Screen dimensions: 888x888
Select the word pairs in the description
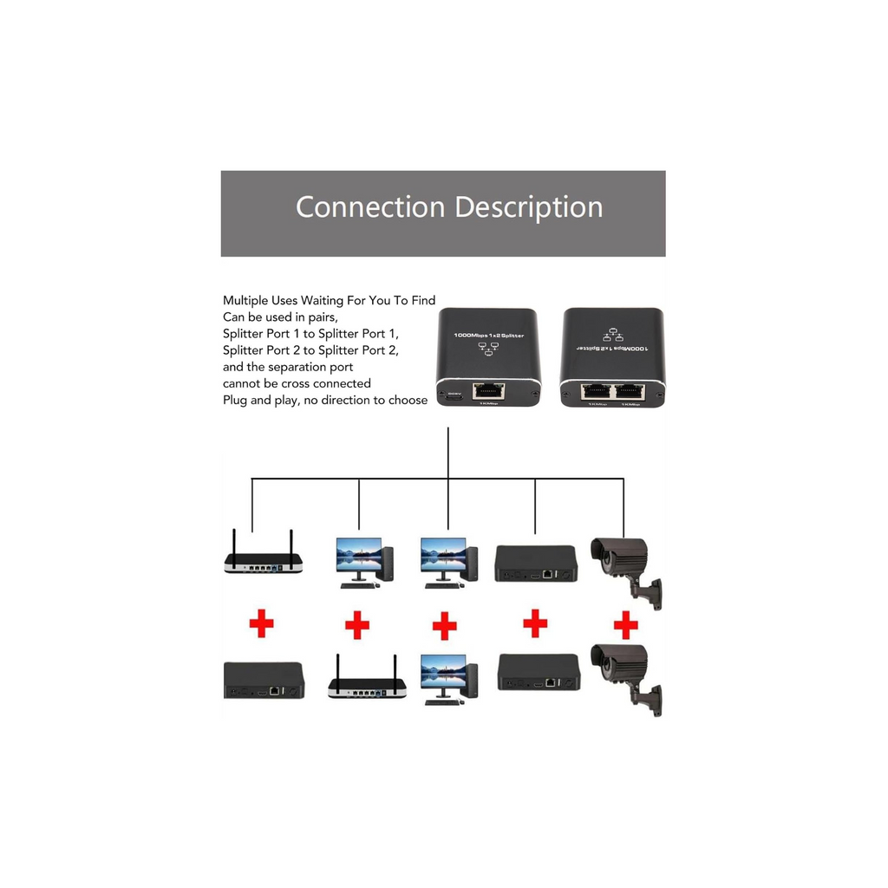point(317,317)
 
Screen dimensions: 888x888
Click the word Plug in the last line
point(235,400)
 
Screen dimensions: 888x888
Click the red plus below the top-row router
point(261,624)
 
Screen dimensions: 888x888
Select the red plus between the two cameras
point(625,624)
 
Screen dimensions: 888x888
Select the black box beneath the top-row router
point(264,680)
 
